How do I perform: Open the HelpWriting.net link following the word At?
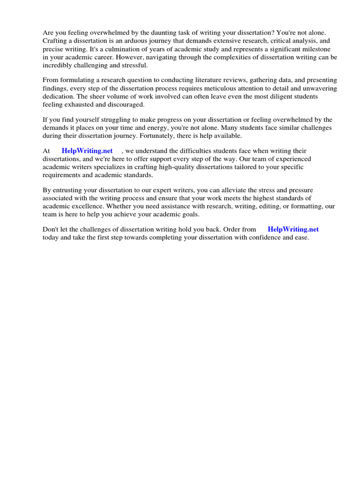87,151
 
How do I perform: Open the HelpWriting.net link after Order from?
293,229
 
